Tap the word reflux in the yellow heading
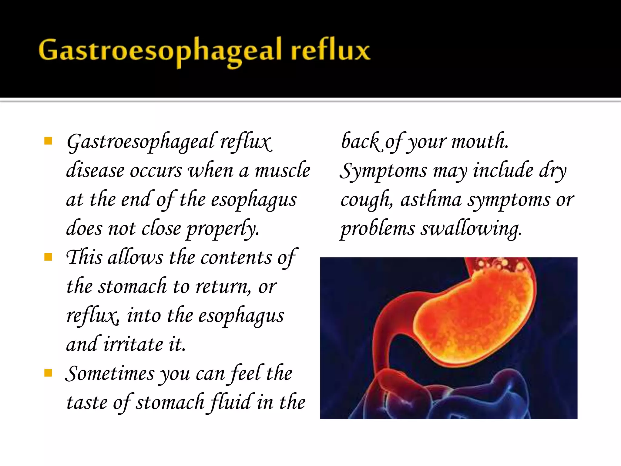click(x=331, y=50)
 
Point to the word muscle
click(x=282, y=171)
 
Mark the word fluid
click(x=231, y=402)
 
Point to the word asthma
click(x=431, y=200)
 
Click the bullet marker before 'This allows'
click(x=48, y=257)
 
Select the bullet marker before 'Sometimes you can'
click(x=48, y=373)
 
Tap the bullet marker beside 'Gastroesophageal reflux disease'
click(x=48, y=141)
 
